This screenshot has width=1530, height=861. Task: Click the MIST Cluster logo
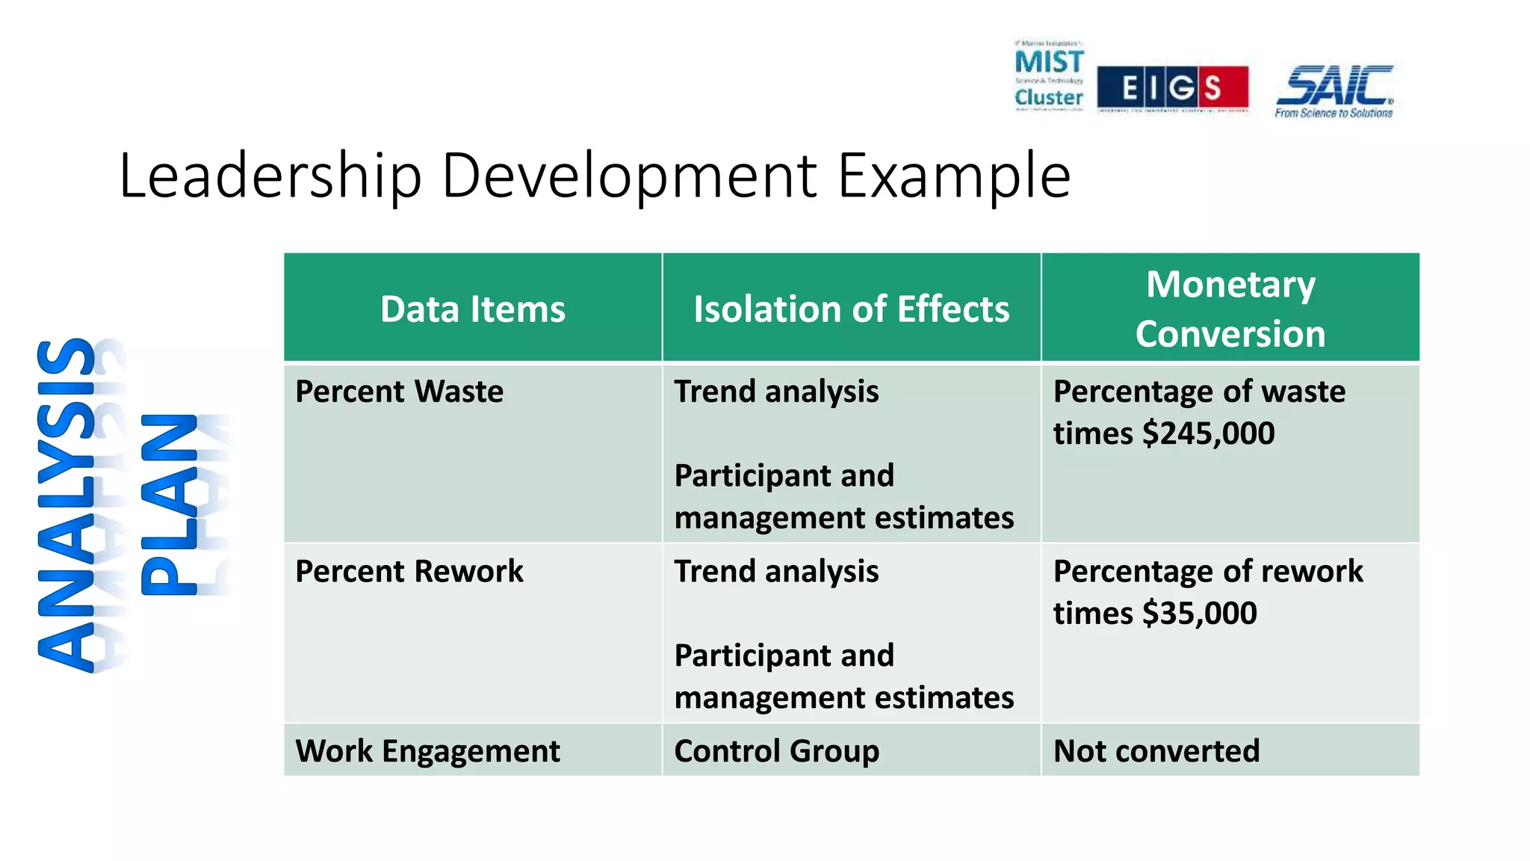click(x=1048, y=76)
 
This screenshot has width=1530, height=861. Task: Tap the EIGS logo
click(x=1172, y=88)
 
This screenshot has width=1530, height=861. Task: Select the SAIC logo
click(x=1334, y=85)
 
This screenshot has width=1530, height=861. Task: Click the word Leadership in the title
click(x=270, y=176)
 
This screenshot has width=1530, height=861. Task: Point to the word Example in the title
click(x=954, y=176)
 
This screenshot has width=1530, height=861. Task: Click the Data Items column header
click(x=472, y=309)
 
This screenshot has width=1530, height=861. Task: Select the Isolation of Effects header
click(x=851, y=309)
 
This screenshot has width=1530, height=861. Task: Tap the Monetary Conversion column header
click(x=1230, y=309)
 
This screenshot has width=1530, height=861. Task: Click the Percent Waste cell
click(x=399, y=392)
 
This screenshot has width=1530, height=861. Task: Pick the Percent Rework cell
click(x=409, y=572)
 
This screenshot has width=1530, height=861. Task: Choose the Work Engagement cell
click(x=427, y=751)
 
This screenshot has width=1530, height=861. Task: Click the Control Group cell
click(x=776, y=751)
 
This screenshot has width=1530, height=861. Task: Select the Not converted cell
click(x=1156, y=751)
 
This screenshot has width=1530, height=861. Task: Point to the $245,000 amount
click(x=1208, y=433)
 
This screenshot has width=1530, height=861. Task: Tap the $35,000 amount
click(x=1199, y=614)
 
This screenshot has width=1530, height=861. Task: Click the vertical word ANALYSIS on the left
click(x=67, y=504)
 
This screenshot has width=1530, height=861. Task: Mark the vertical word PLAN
click(x=170, y=504)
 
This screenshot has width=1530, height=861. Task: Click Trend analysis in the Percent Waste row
click(x=776, y=392)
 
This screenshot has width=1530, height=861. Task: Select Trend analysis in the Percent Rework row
click(x=776, y=572)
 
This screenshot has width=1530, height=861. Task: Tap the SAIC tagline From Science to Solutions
click(x=1334, y=114)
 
